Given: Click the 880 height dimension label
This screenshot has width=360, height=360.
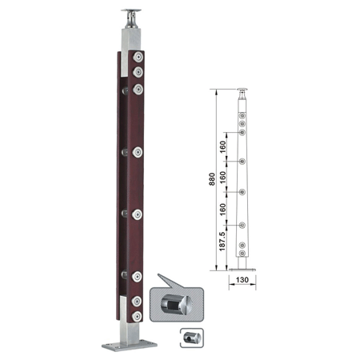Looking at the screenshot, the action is pos(212,179).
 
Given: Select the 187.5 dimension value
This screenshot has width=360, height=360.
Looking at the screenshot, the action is pos(222,242).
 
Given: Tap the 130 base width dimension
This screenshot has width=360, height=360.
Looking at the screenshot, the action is pos(242,280).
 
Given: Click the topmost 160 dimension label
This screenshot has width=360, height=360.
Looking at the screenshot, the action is pos(222,146).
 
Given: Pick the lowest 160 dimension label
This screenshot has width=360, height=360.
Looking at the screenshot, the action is pos(222,210).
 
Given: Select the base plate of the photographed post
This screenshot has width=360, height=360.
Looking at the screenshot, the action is pos(130,346).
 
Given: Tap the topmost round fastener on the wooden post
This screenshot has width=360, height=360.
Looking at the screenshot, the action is pos(138,57).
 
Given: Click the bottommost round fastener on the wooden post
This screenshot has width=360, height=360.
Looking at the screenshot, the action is pos(137,316).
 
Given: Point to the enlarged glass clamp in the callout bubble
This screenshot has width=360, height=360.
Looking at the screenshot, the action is pos(176,305).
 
